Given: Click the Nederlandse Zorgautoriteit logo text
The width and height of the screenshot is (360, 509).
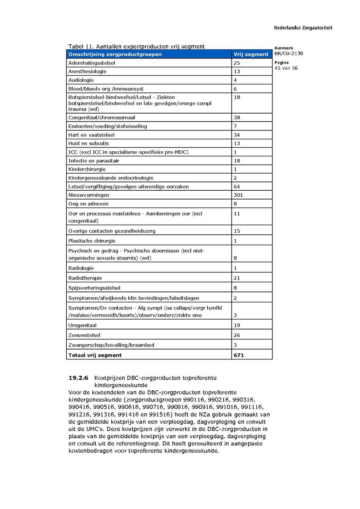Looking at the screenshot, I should (x=303, y=28).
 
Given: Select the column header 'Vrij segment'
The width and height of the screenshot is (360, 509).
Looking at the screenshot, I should (x=251, y=54).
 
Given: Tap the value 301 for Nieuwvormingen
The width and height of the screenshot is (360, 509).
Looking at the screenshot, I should (x=238, y=195).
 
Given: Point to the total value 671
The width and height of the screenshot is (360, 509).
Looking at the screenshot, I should (x=239, y=355).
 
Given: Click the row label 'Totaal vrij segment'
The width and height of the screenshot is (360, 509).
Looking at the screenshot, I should (x=95, y=355).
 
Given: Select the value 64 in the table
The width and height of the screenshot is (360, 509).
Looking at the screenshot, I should (x=237, y=186).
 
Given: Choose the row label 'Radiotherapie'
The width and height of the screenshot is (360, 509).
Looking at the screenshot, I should (x=85, y=278).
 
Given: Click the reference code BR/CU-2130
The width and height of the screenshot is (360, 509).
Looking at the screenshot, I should (x=289, y=54).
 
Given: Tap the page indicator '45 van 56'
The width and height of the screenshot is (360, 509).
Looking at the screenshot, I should (x=286, y=68).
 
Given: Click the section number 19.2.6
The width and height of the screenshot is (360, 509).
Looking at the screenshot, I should (x=78, y=378).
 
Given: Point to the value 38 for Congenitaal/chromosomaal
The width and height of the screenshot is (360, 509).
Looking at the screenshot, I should (x=237, y=118).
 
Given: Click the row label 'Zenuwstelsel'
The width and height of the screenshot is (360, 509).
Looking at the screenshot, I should (x=84, y=335).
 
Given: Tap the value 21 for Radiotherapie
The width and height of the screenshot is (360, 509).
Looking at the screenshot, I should (x=237, y=278).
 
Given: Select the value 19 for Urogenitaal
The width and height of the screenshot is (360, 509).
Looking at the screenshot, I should (x=237, y=325).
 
